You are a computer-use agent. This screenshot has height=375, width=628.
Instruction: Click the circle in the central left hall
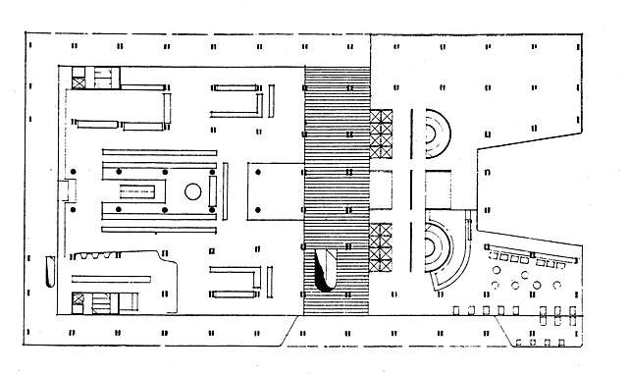pos(193,191)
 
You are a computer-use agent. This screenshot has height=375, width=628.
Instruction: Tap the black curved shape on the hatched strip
pos(324,272)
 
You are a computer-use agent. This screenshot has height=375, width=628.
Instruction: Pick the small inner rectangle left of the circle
pos(142,191)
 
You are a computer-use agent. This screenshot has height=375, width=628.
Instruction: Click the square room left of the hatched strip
pos(275,189)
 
